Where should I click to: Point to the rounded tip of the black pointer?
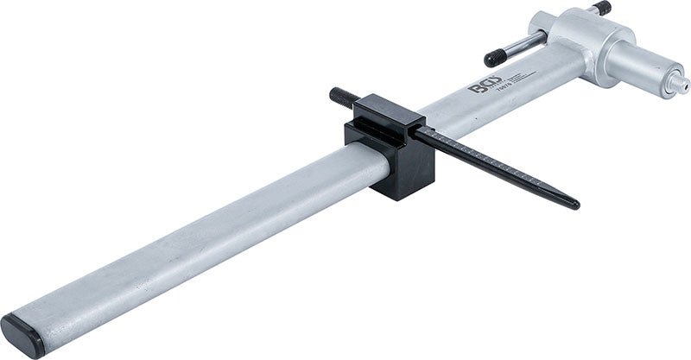click(x=573, y=205)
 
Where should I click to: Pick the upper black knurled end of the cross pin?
click(x=602, y=8)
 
